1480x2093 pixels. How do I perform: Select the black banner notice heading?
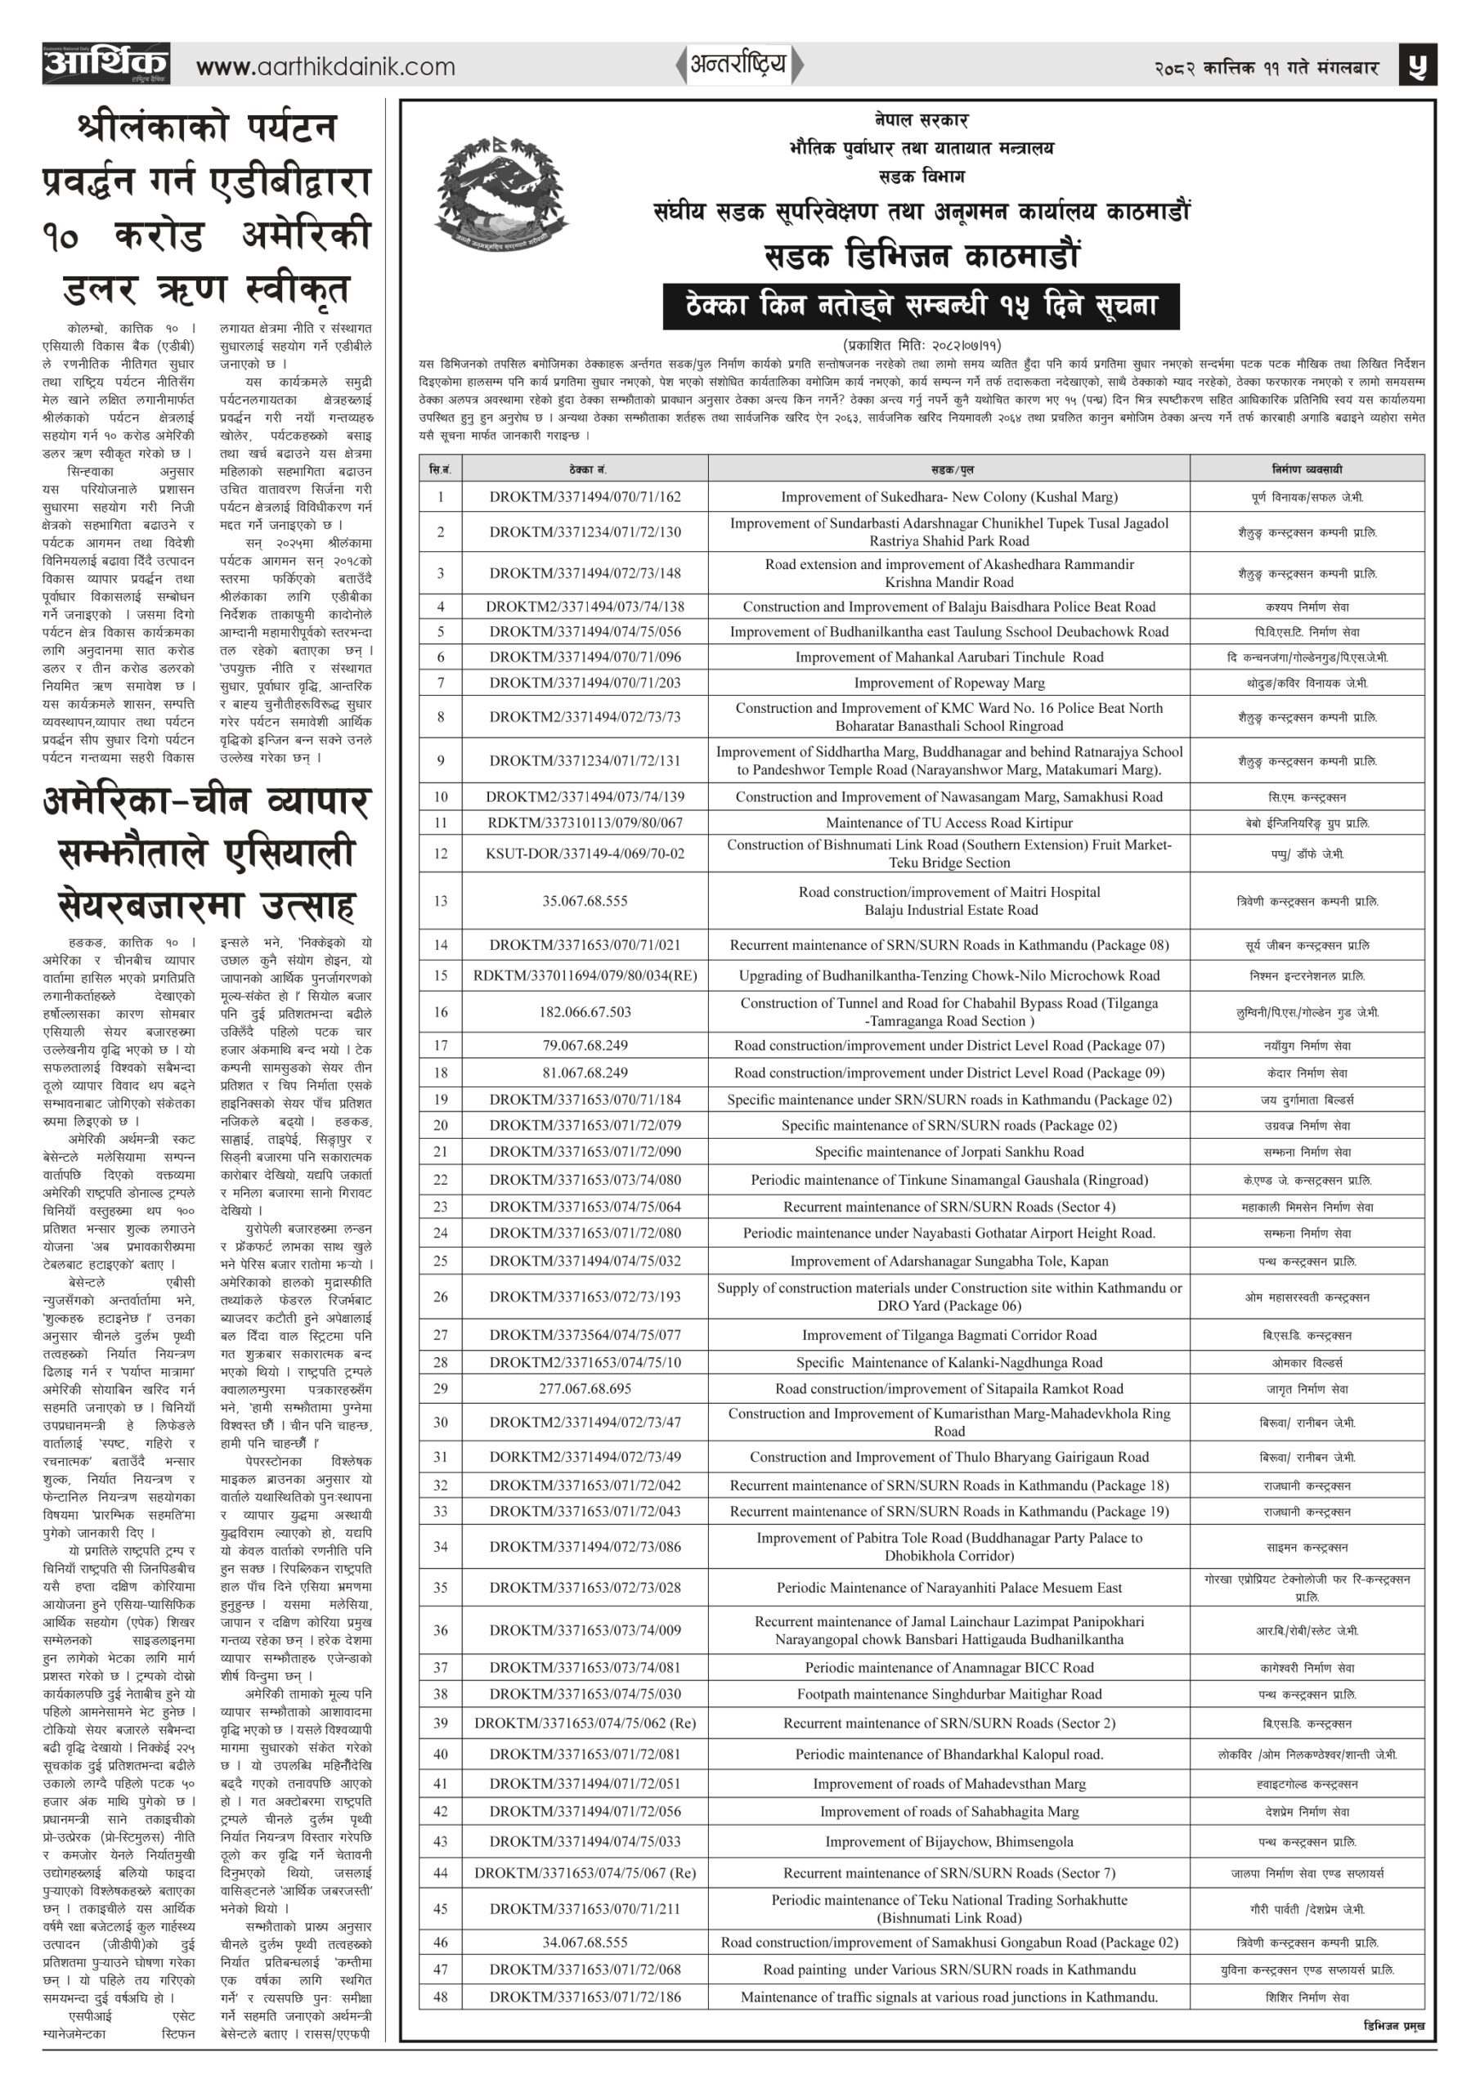(920, 307)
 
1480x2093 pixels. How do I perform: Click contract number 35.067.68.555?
(585, 901)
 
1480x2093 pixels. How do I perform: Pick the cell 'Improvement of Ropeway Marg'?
(949, 683)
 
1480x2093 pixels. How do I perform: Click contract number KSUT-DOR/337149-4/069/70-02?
(585, 854)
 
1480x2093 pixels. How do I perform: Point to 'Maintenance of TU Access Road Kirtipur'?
(949, 822)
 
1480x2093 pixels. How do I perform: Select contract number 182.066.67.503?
(585, 1012)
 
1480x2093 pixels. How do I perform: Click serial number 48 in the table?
(441, 1997)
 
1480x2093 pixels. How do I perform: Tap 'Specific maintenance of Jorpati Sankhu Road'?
(949, 1151)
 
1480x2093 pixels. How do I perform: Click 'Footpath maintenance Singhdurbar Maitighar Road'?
(949, 1694)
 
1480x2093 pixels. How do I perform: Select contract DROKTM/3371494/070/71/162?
(585, 497)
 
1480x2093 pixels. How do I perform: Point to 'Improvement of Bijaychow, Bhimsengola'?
(949, 1841)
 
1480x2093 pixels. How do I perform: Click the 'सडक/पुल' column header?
(949, 468)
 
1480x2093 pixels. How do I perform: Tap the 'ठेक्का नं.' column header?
(585, 468)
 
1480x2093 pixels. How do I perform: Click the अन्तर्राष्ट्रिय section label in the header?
(738, 65)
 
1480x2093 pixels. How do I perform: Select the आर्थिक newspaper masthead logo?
(105, 64)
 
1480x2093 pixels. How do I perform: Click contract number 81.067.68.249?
(585, 1073)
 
